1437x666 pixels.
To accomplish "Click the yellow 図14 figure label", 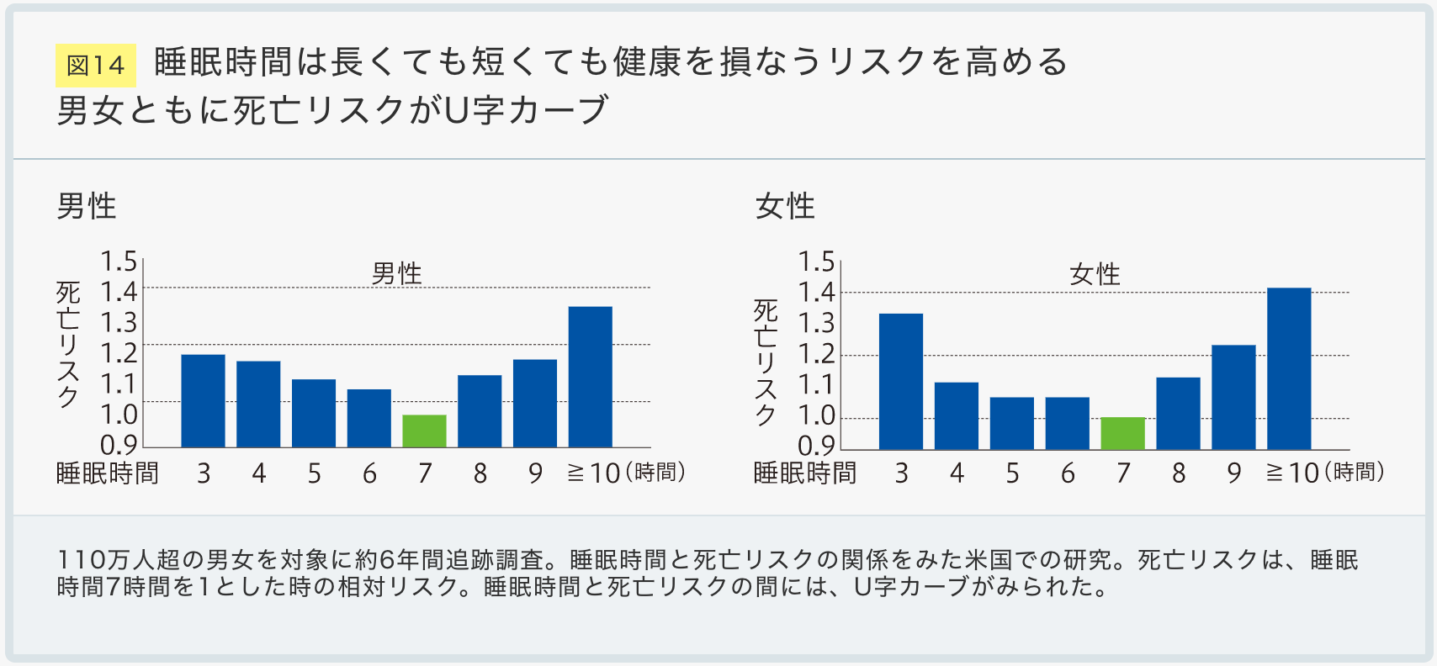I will [x=95, y=66].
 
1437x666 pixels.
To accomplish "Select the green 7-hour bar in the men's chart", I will [x=424, y=431].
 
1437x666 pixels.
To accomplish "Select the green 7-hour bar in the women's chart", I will [x=1122, y=433].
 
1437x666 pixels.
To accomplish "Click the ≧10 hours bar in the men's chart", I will [x=590, y=377].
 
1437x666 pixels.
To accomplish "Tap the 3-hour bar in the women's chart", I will [x=900, y=381].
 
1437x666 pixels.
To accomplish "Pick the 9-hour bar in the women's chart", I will [x=1233, y=397].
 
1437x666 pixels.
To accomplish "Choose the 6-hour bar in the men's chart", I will [x=369, y=418].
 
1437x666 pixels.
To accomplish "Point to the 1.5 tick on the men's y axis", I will [x=119, y=262].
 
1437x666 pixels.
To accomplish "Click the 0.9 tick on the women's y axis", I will [x=816, y=446].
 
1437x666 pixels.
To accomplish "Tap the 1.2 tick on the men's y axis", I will [x=119, y=353].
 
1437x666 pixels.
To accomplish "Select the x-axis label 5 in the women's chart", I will [x=1012, y=473].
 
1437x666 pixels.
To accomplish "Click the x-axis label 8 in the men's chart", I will [x=480, y=473].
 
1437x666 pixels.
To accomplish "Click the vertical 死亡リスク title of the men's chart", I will [x=68, y=345].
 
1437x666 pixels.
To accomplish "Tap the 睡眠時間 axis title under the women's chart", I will [x=804, y=473].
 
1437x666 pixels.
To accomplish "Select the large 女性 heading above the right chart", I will [x=785, y=206].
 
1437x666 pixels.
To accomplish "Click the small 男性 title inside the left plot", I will [x=396, y=273].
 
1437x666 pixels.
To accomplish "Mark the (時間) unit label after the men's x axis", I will [x=655, y=473].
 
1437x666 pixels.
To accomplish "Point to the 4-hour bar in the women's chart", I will [x=956, y=415].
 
